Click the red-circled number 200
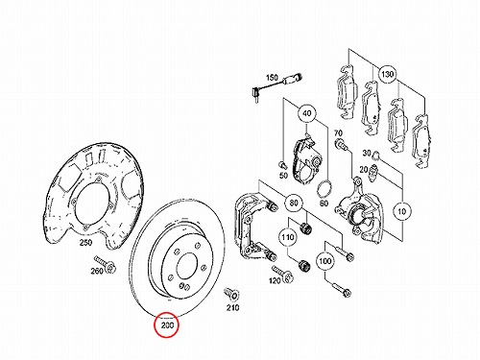coord(167,325)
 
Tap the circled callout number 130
coord(387,75)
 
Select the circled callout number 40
coord(306,113)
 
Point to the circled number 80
coord(294,203)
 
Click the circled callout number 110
coord(287,237)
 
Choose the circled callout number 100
coord(324,261)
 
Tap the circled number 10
coord(401,211)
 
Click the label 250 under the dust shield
coord(85,243)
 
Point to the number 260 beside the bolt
coord(97,271)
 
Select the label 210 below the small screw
coord(232,308)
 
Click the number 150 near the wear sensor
coord(272,78)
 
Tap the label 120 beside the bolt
coord(275,280)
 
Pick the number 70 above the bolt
coord(338,132)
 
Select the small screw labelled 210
coord(231,294)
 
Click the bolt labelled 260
coord(105,264)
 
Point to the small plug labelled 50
coord(281,165)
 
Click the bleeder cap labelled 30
coord(376,155)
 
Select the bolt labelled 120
coord(282,273)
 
